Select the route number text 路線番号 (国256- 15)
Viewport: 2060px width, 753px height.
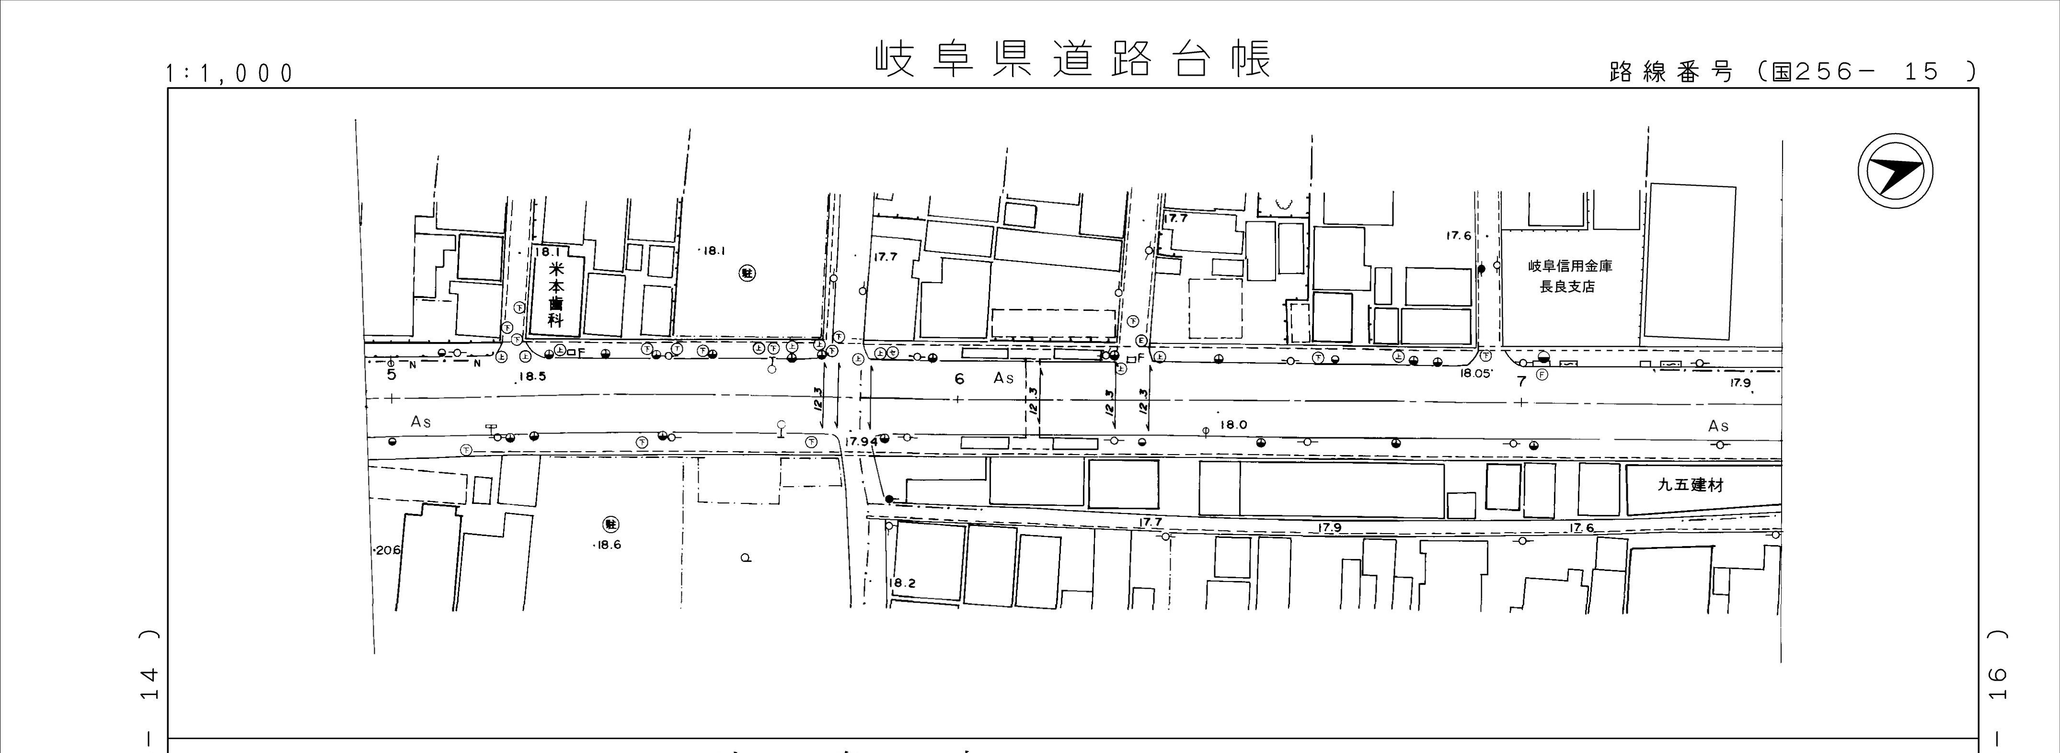pos(1791,72)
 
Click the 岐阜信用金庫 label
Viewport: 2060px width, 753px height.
pos(1570,266)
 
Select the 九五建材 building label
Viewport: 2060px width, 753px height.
pos(1690,485)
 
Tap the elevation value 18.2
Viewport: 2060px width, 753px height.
pos(901,583)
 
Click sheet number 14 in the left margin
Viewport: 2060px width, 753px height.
pos(148,684)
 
